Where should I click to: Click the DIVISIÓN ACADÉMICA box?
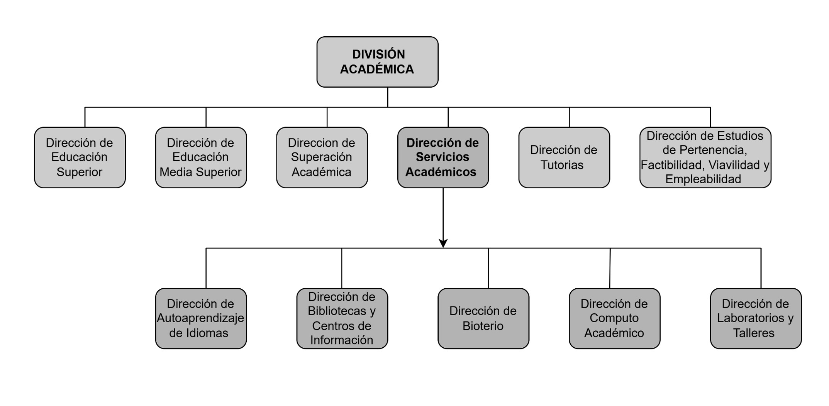(377, 62)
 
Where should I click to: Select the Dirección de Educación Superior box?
(80, 157)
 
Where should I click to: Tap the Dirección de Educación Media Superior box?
(201, 157)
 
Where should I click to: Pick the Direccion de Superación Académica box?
(322, 157)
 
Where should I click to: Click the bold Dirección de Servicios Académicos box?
(443, 157)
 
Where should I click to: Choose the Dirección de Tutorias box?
(564, 157)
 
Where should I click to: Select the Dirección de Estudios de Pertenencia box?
(705, 157)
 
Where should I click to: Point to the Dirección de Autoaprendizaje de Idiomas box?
(201, 318)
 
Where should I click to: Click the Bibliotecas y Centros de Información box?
(342, 318)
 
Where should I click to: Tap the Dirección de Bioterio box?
(483, 318)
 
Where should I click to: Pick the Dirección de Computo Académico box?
(614, 318)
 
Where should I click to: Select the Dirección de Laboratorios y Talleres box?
(756, 318)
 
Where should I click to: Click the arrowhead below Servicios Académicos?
(443, 244)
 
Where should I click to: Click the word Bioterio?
(483, 326)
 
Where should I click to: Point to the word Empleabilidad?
(703, 179)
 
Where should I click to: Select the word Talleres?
(754, 333)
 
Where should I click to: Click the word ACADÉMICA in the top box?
(377, 69)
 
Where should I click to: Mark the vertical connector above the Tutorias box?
(569, 117)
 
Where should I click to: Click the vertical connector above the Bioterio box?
(488, 268)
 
